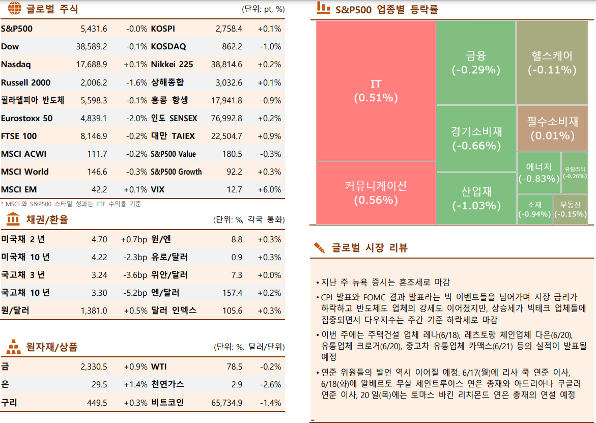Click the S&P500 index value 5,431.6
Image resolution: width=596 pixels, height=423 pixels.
coord(94,29)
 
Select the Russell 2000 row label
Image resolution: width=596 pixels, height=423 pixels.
coord(25,82)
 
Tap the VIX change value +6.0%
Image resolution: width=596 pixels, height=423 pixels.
coord(269,189)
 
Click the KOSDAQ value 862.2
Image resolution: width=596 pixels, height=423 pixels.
coord(232,47)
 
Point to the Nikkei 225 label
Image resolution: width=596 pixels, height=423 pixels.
coord(172,65)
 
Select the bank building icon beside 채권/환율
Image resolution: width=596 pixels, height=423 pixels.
coord(13,220)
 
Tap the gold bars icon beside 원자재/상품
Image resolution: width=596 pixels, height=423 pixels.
coord(13,347)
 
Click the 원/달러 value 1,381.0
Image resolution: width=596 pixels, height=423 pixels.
coord(94,311)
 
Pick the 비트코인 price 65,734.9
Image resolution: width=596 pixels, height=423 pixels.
coord(226,403)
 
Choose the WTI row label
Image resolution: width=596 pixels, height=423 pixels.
coord(159,366)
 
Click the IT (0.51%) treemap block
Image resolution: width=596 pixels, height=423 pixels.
coord(376,90)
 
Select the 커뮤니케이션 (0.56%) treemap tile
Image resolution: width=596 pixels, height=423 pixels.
coord(376,192)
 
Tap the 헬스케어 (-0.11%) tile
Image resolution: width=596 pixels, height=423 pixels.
coord(552,62)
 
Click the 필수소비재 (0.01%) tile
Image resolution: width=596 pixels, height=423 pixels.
coord(552,128)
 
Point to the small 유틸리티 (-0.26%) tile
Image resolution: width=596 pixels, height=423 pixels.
coord(575,173)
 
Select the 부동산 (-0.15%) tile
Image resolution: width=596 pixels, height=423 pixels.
coord(570,209)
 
